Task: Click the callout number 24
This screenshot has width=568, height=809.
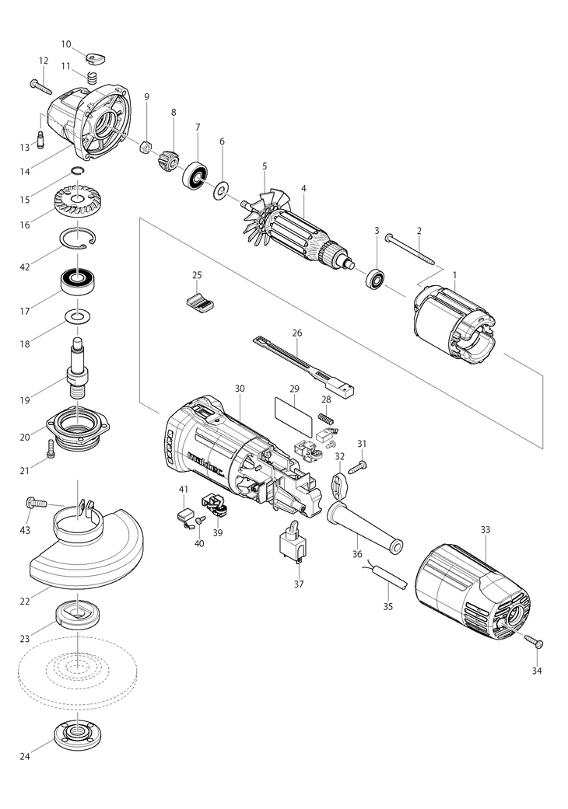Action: coord(25,756)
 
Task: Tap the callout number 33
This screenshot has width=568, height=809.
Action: coord(486,529)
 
